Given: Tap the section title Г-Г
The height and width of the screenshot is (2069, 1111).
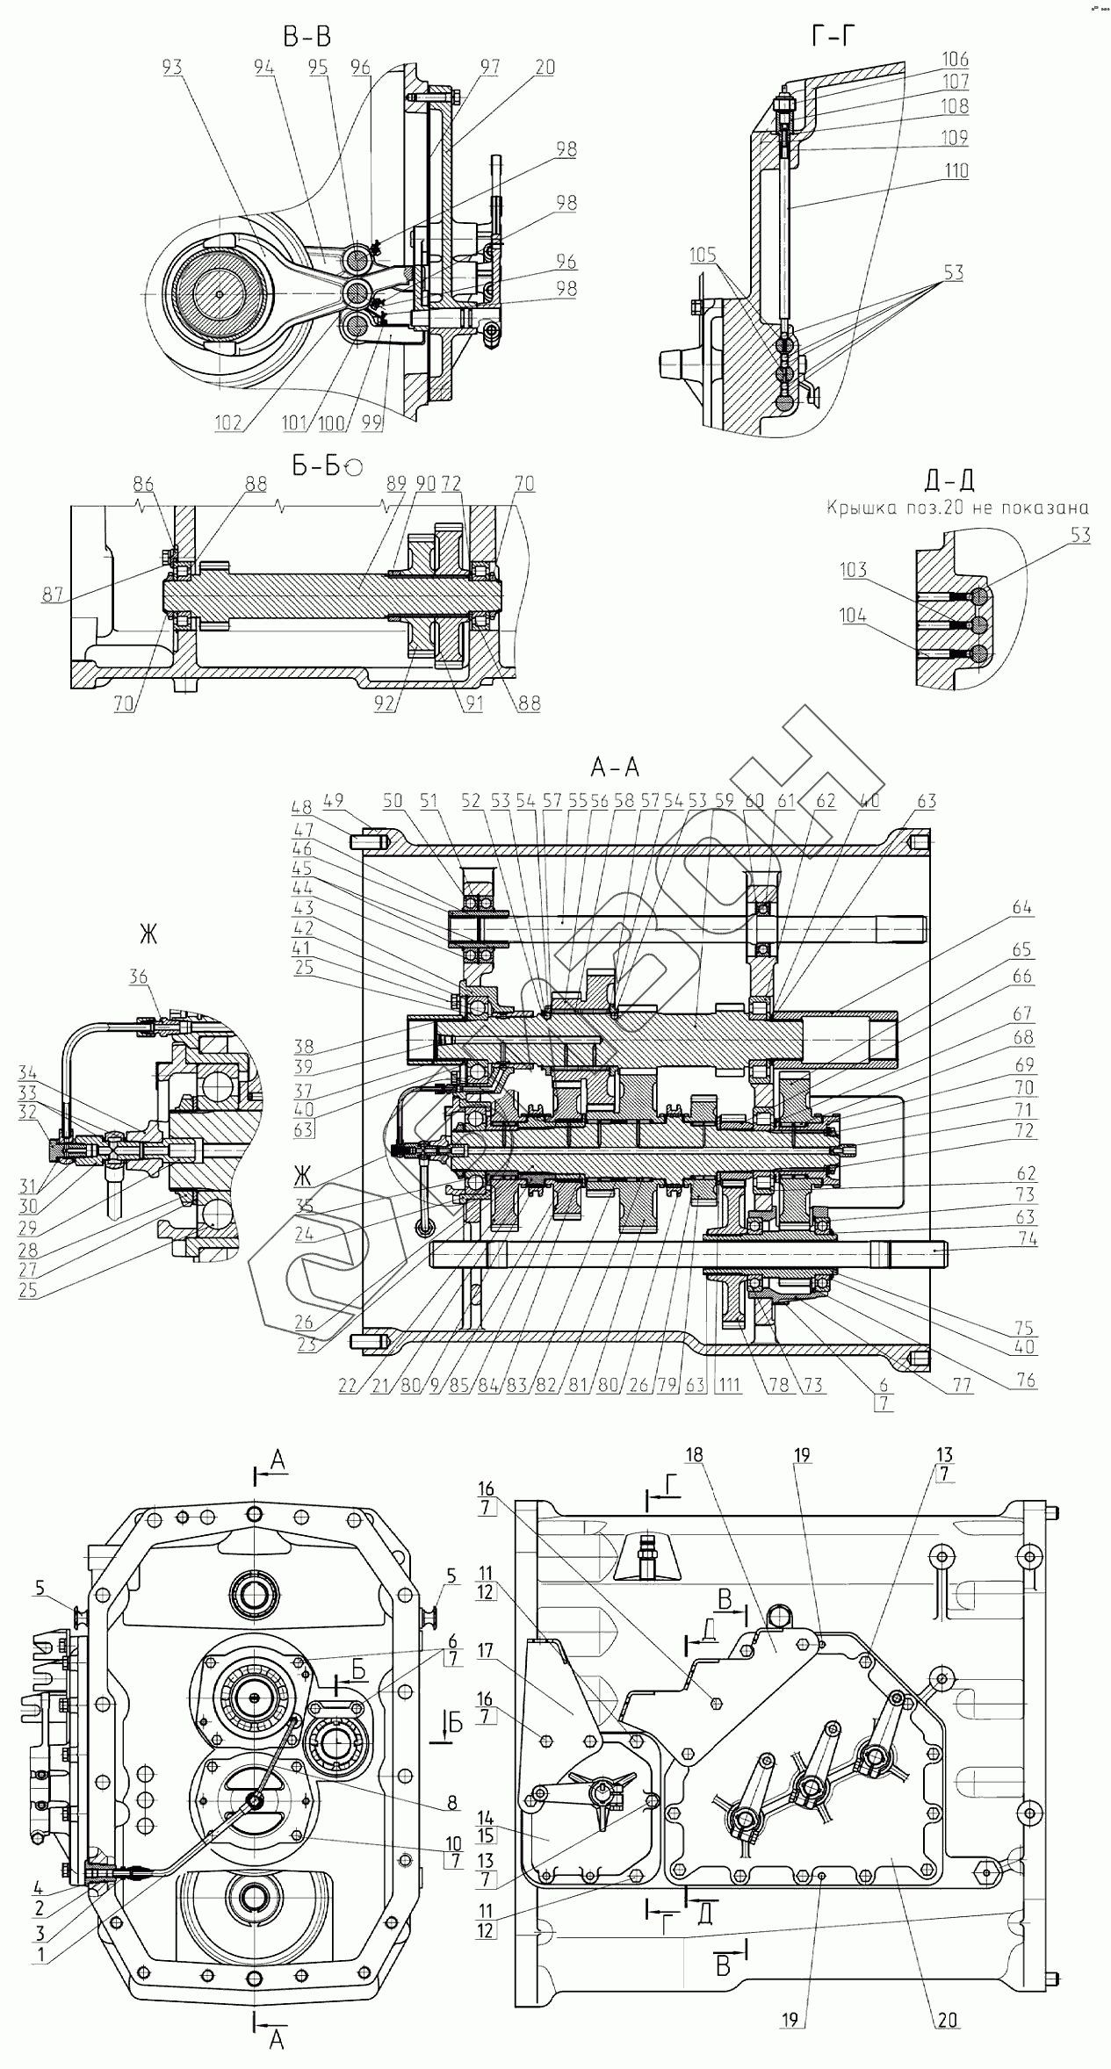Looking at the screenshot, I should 833,36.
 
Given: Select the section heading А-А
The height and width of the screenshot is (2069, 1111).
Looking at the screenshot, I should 615,768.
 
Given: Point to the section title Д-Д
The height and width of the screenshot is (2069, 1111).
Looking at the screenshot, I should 949,479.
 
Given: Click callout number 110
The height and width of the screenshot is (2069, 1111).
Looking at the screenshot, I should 955,170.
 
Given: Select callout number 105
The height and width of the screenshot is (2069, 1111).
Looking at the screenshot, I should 703,256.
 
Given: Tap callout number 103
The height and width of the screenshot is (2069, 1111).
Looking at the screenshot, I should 853,570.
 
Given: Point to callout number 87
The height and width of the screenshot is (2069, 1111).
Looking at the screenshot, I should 52,595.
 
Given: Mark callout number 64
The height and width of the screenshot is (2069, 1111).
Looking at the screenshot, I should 1021,907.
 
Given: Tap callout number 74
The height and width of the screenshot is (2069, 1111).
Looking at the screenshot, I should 1027,1239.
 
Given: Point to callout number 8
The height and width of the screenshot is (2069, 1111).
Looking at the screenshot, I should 452,1805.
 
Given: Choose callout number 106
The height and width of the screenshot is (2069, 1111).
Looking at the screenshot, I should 955,60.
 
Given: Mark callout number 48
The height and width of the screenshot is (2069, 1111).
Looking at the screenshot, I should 303,807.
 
